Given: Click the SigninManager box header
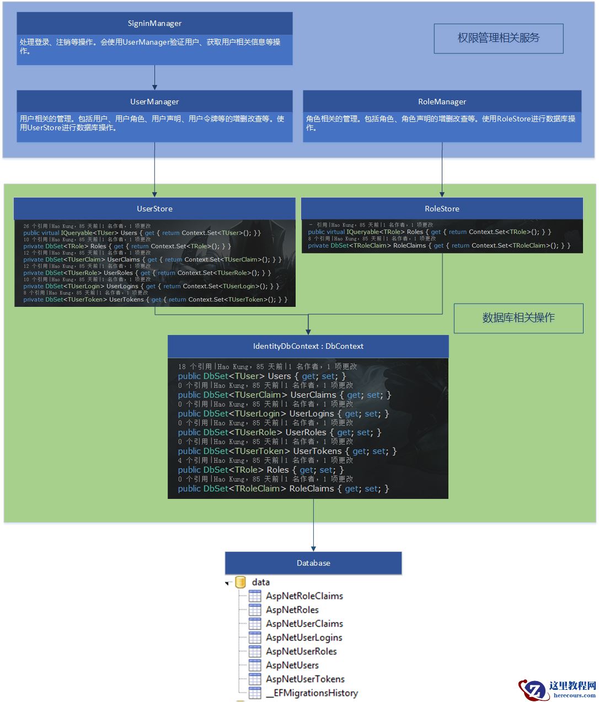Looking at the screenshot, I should pos(154,24).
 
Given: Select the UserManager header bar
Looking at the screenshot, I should pos(154,102).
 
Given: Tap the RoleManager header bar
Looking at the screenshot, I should pos(442,102).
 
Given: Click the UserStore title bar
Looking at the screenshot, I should pos(154,209).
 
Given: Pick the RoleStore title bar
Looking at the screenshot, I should pos(442,209).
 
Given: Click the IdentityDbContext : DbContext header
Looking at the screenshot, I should pos(308,346).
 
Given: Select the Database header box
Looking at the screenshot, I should pos(313,563).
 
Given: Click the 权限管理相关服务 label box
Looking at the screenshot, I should pos(498,38).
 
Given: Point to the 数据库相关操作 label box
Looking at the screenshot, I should pos(518,318).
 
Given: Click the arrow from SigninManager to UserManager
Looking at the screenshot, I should pos(154,77).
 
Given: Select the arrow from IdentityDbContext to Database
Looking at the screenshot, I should pos(313,524).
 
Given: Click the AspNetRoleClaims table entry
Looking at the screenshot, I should pos(304,596).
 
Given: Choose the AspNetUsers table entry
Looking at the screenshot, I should pos(292,665).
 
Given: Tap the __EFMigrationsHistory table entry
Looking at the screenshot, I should pos(312,693).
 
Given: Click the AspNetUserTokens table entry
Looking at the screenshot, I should pos(305,679).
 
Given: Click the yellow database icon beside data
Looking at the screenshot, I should pos(240,582).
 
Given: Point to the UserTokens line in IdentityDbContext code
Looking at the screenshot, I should pos(287,451).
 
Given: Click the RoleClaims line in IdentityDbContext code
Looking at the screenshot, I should pos(283,489).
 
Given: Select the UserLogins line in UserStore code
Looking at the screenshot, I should pos(151,286).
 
